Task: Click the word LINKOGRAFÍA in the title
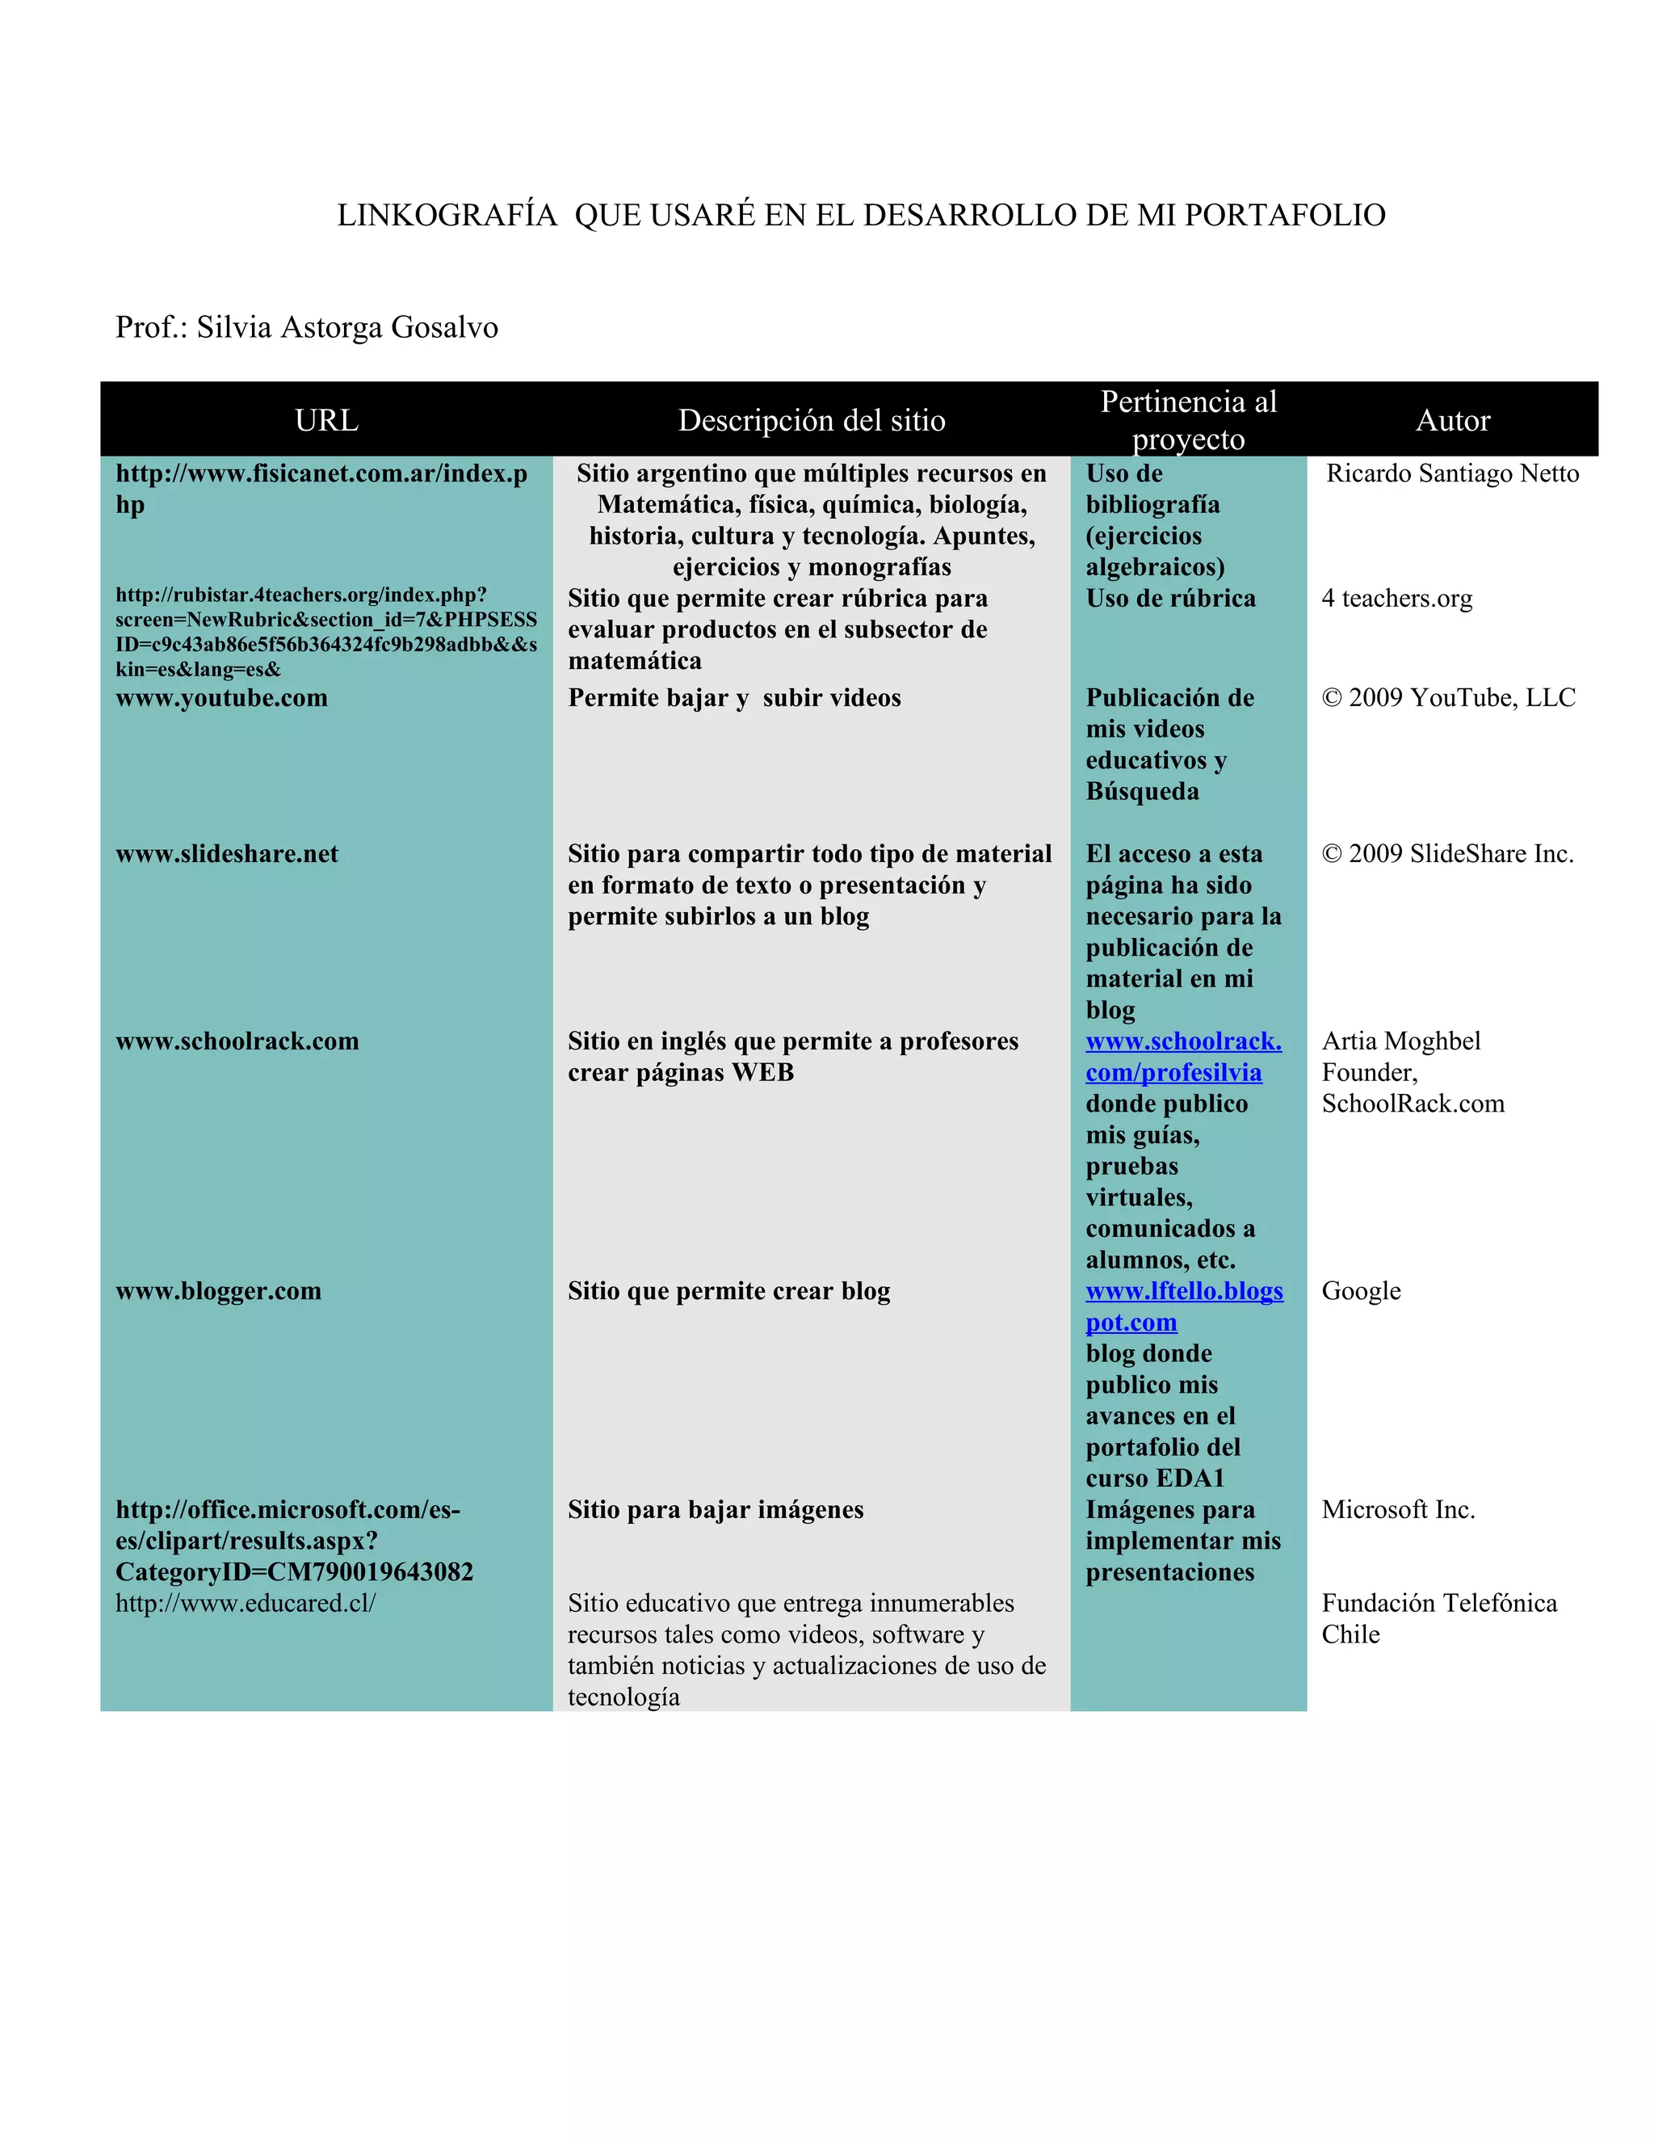(x=447, y=216)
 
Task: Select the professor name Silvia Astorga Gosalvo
(x=346, y=327)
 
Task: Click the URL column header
(x=326, y=421)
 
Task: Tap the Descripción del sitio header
(x=812, y=421)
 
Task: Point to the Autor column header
(x=1452, y=421)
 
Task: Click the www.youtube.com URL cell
(x=221, y=698)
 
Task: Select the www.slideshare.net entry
(x=226, y=854)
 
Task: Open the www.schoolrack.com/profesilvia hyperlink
(x=1182, y=1057)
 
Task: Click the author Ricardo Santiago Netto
(x=1452, y=473)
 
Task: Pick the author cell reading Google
(x=1361, y=1291)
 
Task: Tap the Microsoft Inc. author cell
(x=1398, y=1510)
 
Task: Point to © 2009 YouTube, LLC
(x=1448, y=698)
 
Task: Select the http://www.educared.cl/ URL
(x=245, y=1603)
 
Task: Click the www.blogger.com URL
(x=219, y=1291)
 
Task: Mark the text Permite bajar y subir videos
(x=734, y=698)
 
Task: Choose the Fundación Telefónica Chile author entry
(x=1438, y=1618)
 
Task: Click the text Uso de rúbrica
(x=1170, y=598)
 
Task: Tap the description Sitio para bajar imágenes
(x=716, y=1510)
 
